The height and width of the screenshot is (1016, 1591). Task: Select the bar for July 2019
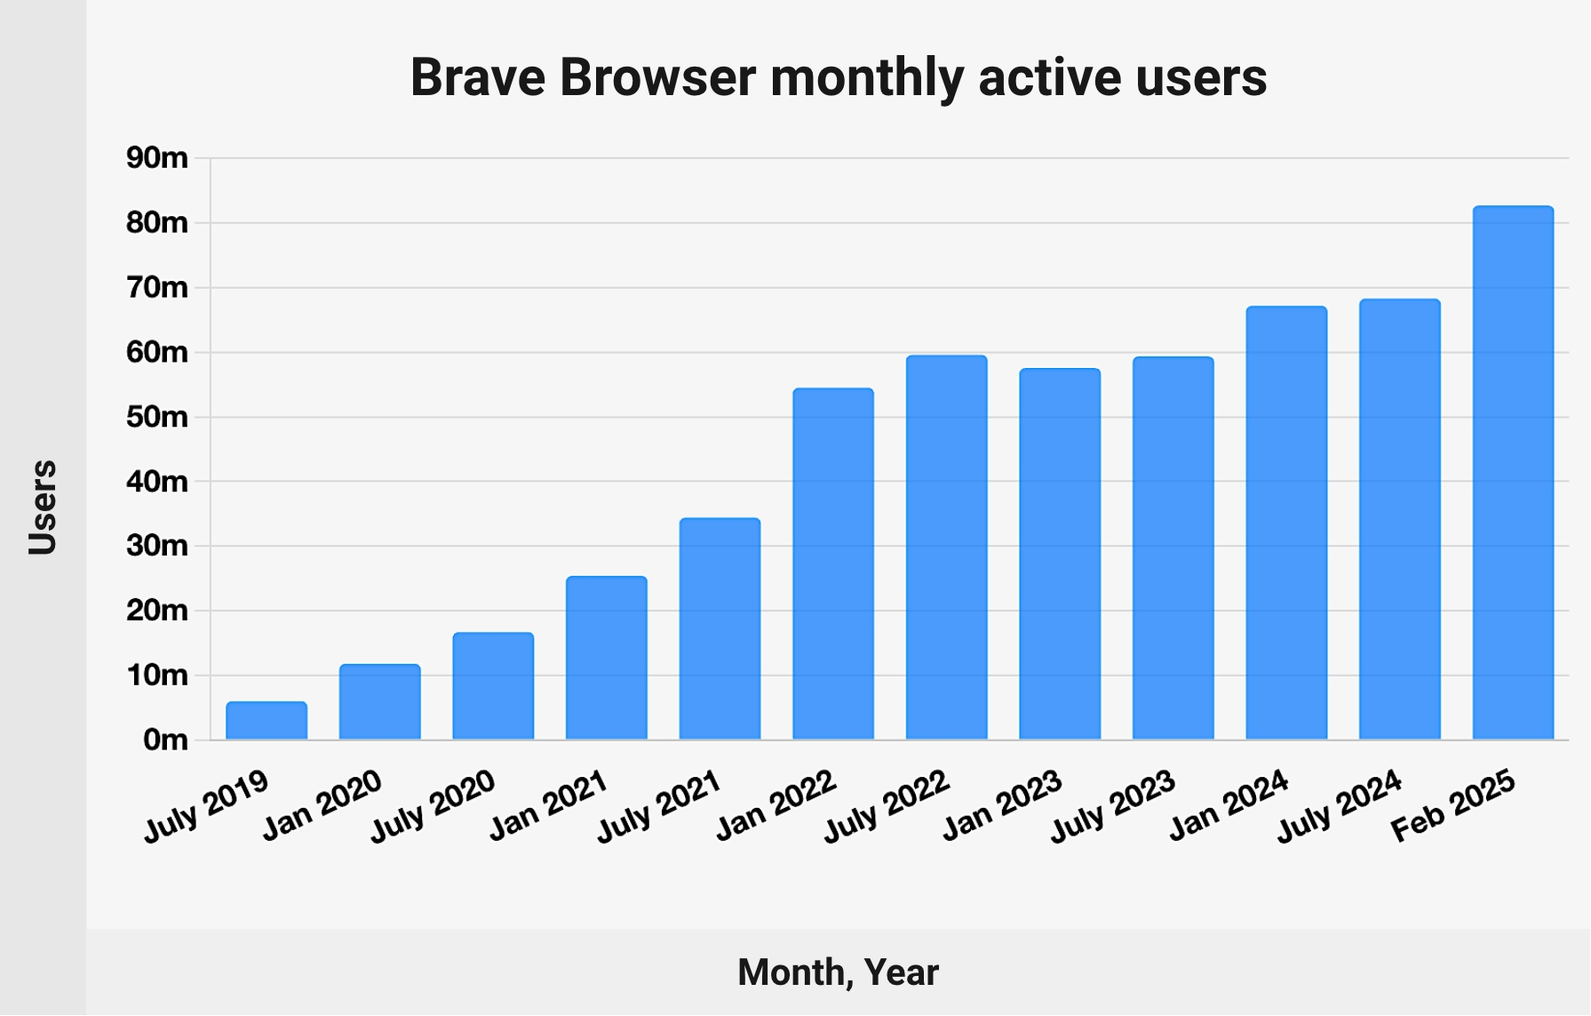(x=266, y=721)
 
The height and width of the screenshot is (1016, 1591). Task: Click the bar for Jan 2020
(x=380, y=702)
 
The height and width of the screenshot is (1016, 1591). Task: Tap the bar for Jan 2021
(x=607, y=658)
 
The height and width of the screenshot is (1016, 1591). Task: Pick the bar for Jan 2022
(x=833, y=564)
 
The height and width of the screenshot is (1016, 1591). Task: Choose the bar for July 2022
(x=947, y=548)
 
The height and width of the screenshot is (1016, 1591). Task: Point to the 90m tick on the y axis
(x=157, y=158)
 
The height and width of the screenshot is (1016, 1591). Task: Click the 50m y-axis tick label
(x=157, y=417)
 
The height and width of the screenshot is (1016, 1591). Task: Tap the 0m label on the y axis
(x=165, y=740)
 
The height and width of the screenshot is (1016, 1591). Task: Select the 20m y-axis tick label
(x=157, y=611)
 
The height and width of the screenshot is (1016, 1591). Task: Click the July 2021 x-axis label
(x=658, y=806)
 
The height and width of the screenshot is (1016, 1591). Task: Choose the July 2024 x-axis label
(x=1339, y=806)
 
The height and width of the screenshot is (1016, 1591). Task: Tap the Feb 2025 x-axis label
(x=1453, y=806)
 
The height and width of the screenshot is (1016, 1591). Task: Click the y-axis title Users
(x=43, y=508)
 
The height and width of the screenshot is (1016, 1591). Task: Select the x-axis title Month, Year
(x=838, y=972)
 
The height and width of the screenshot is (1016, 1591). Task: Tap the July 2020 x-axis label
(x=432, y=806)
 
